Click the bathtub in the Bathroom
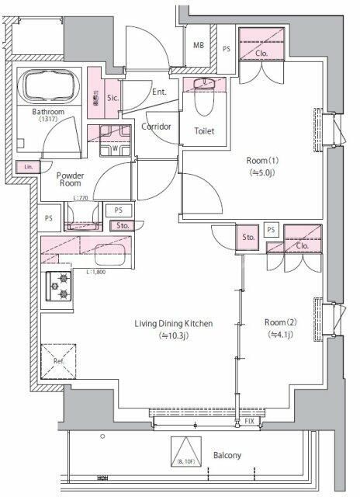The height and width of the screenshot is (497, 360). tap(48, 86)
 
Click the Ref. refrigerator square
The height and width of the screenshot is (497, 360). tap(57, 360)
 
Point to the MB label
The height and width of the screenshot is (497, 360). tap(199, 45)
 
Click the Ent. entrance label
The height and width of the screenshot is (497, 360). tap(160, 92)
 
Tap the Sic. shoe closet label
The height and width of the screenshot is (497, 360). tap(112, 98)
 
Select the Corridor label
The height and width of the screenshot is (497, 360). tap(156, 126)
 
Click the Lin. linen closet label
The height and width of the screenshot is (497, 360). tap(27, 166)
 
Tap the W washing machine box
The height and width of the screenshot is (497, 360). tap(115, 148)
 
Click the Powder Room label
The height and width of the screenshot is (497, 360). tap(70, 179)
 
